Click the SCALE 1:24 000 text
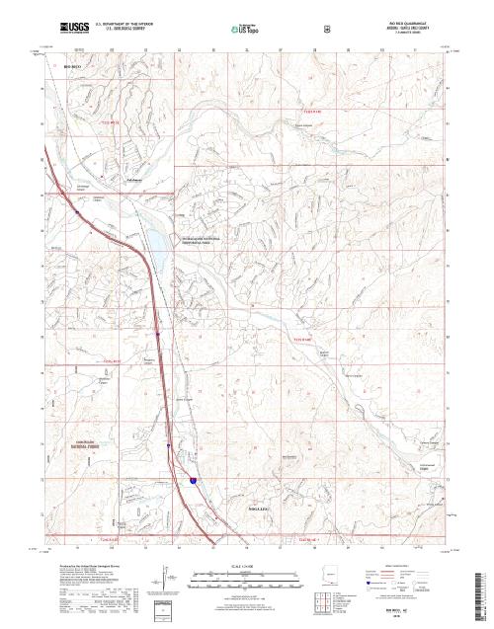pyautogui.click(x=241, y=566)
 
